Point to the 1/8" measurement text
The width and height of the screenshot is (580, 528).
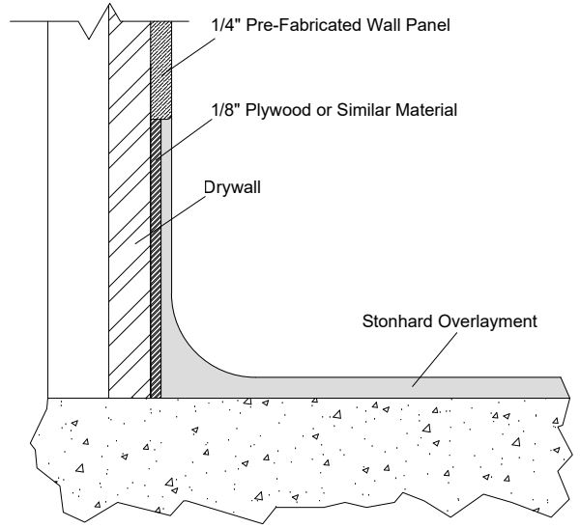[x=227, y=108]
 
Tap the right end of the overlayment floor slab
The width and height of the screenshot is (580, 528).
[x=556, y=387]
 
